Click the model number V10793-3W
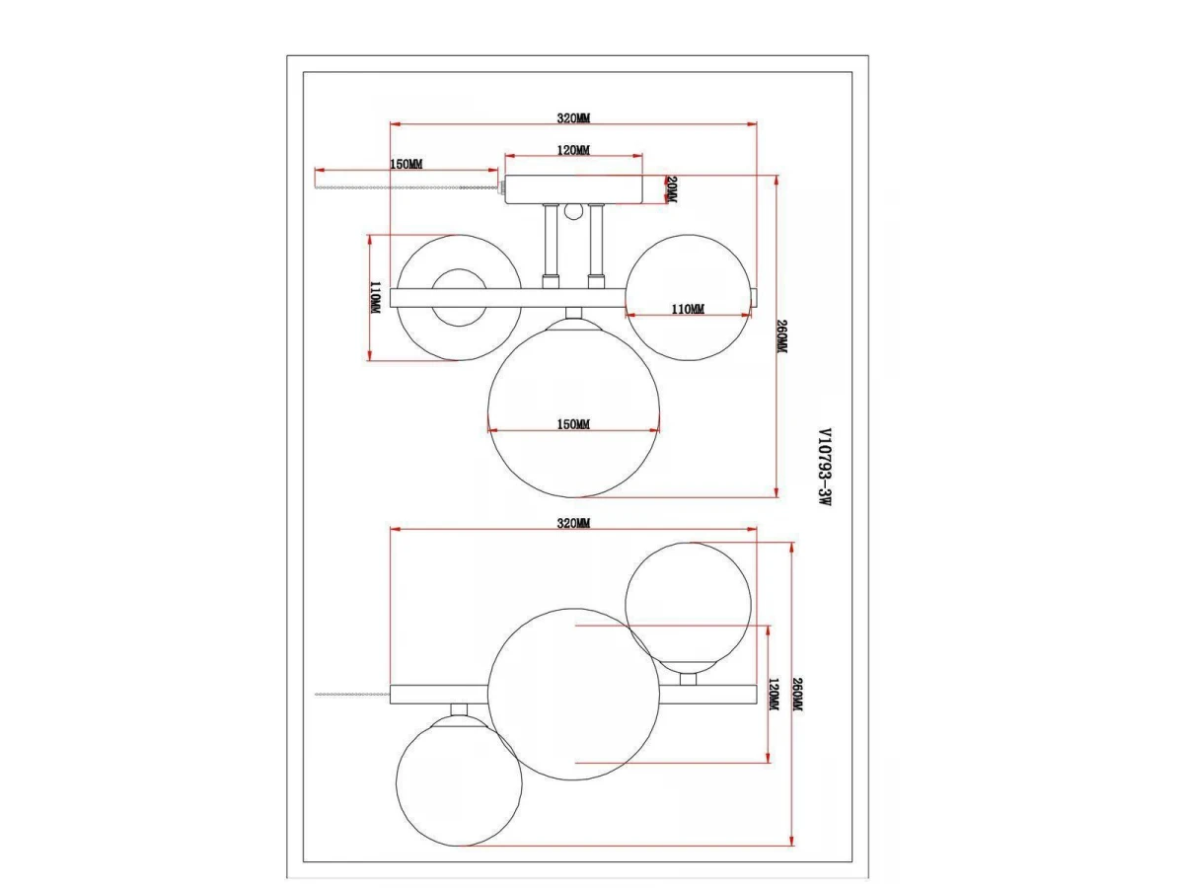click(825, 467)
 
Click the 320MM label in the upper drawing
click(573, 118)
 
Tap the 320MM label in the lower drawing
click(573, 523)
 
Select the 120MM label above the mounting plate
click(573, 150)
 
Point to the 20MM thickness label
click(672, 189)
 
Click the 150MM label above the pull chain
click(407, 164)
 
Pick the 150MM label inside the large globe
click(573, 424)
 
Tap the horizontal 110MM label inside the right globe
click(688, 309)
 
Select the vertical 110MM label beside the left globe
click(376, 298)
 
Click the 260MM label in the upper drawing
click(781, 337)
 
